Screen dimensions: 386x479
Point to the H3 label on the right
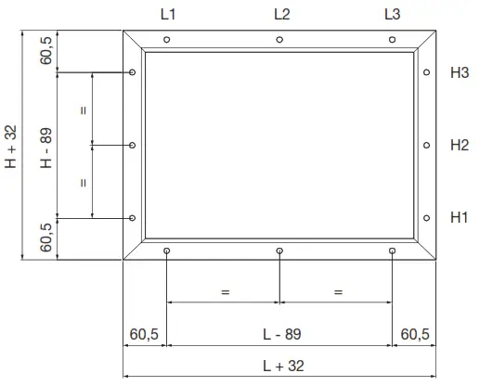(x=459, y=72)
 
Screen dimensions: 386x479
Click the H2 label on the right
(x=459, y=145)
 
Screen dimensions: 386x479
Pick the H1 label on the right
(x=459, y=218)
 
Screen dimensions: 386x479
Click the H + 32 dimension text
(x=11, y=146)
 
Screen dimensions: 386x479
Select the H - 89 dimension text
(x=45, y=146)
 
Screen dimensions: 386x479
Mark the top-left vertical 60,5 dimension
(x=45, y=50)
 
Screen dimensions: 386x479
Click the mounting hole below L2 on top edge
(x=279, y=40)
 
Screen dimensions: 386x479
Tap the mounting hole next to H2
(x=426, y=145)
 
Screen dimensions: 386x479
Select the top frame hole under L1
(x=166, y=40)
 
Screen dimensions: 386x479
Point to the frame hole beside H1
(x=426, y=218)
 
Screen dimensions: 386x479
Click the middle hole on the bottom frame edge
(x=279, y=251)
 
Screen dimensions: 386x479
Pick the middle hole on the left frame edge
(x=134, y=145)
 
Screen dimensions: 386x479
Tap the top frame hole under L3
(x=393, y=40)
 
